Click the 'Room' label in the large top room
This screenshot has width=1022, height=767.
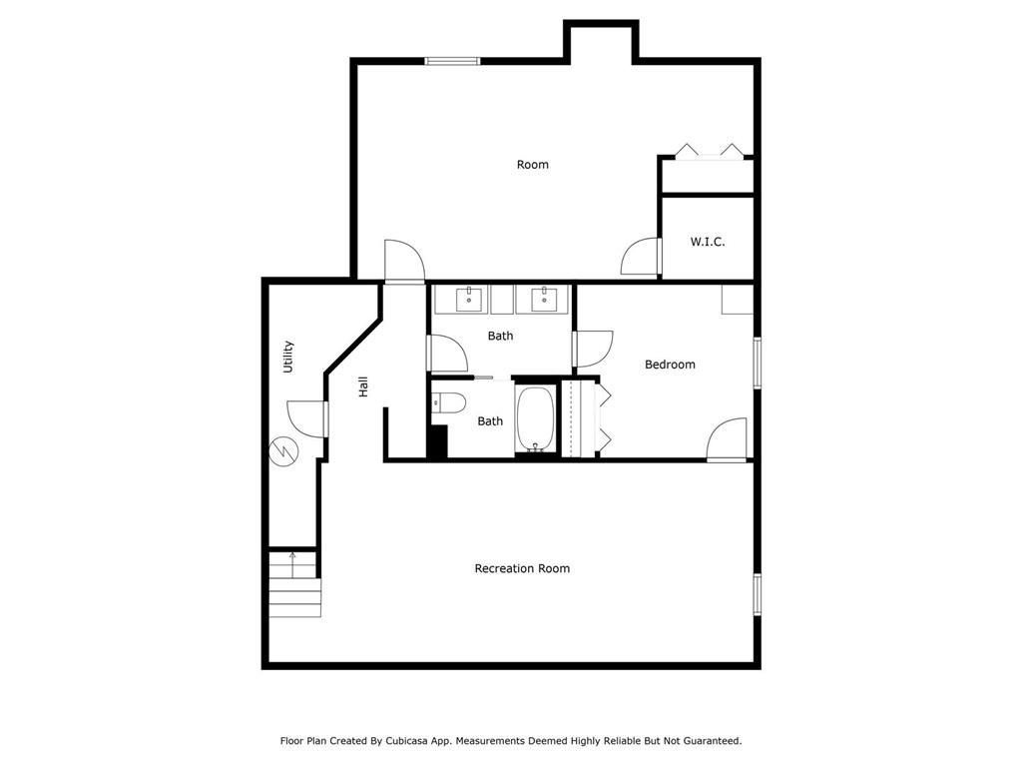pos(532,165)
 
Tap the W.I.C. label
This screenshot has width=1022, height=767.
pos(708,242)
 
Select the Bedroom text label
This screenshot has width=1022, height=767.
pos(670,365)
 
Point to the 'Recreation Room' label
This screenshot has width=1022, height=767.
pos(522,568)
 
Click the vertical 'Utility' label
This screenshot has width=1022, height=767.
pos(287,357)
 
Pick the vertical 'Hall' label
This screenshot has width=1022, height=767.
pos(363,386)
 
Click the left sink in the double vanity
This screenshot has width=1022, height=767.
pos(469,298)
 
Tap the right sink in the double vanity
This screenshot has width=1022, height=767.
pos(544,298)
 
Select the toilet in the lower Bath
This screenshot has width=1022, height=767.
pos(448,404)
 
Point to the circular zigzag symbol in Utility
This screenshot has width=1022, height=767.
pos(284,452)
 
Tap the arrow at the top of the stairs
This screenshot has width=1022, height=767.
pos(292,557)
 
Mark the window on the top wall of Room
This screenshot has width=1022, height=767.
pos(452,61)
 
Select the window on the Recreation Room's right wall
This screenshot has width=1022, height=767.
pos(757,592)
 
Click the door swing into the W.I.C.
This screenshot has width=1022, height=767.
pos(640,257)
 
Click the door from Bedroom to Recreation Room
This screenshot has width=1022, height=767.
pos(727,439)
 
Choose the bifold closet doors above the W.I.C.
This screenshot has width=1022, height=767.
pos(710,152)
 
